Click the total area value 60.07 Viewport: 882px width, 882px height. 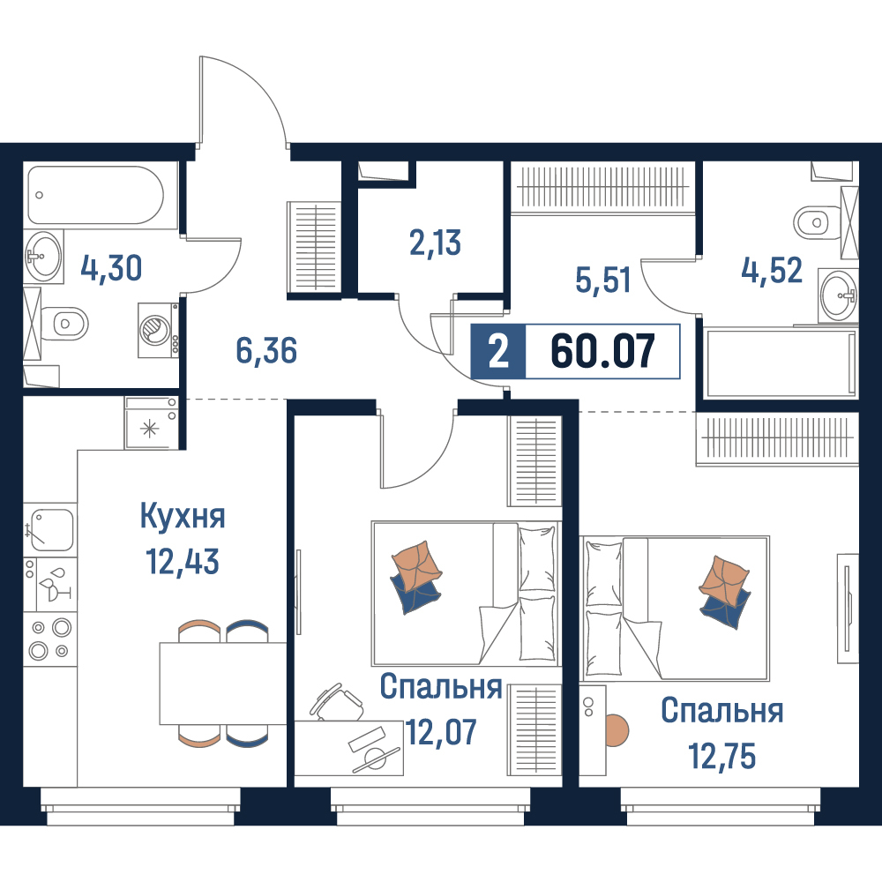[603, 351]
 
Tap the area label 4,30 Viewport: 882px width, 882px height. [111, 268]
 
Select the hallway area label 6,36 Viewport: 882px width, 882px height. [266, 350]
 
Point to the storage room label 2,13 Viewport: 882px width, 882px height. [435, 243]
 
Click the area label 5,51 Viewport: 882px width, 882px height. [602, 280]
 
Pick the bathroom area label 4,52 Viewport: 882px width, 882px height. [771, 271]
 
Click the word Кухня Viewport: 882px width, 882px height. [183, 516]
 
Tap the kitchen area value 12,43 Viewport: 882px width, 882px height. [183, 561]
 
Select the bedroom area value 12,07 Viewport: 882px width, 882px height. [441, 732]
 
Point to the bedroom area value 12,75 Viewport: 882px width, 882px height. [722, 756]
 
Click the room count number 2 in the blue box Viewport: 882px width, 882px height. [498, 352]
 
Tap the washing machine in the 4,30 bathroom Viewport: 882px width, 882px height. [159, 330]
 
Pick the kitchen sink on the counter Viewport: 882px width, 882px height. [50, 529]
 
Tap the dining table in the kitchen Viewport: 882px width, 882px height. [223, 683]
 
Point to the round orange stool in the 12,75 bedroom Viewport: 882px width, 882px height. [616, 730]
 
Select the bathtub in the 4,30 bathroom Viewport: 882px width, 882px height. [95, 195]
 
